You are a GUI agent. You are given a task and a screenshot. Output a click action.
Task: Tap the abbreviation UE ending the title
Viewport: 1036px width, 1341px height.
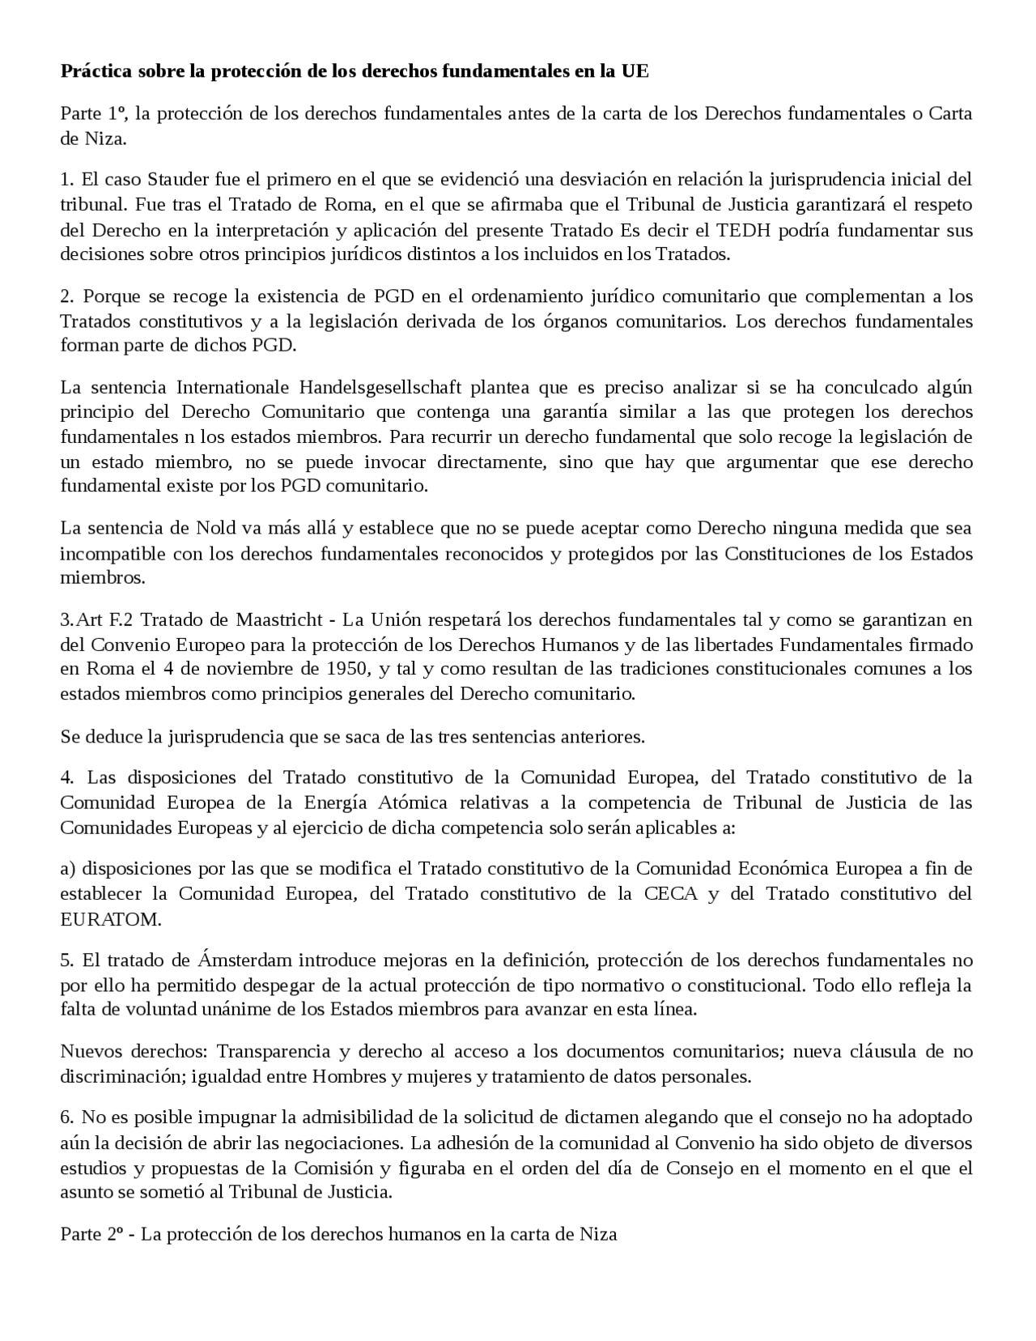coord(635,71)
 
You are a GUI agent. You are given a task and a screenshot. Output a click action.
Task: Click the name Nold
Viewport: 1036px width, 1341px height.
coord(215,529)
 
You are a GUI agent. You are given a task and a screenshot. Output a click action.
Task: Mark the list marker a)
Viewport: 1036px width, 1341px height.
coord(68,869)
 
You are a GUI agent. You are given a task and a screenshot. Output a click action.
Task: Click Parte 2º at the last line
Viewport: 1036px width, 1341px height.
coord(91,1234)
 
